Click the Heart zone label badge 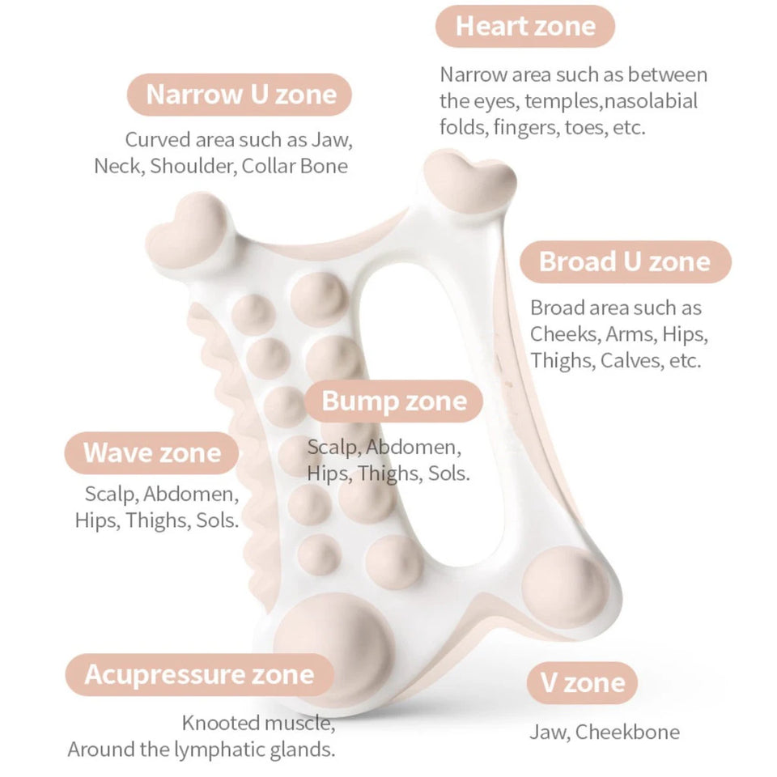525,26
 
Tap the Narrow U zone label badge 240,95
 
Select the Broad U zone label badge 626,261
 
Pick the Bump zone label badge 394,401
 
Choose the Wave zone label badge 151,453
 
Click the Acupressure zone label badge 200,674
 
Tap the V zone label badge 582,683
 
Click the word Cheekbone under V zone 628,732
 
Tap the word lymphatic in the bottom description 219,749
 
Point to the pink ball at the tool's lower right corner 566,589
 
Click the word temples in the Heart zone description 563,102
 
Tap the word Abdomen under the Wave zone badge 191,494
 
